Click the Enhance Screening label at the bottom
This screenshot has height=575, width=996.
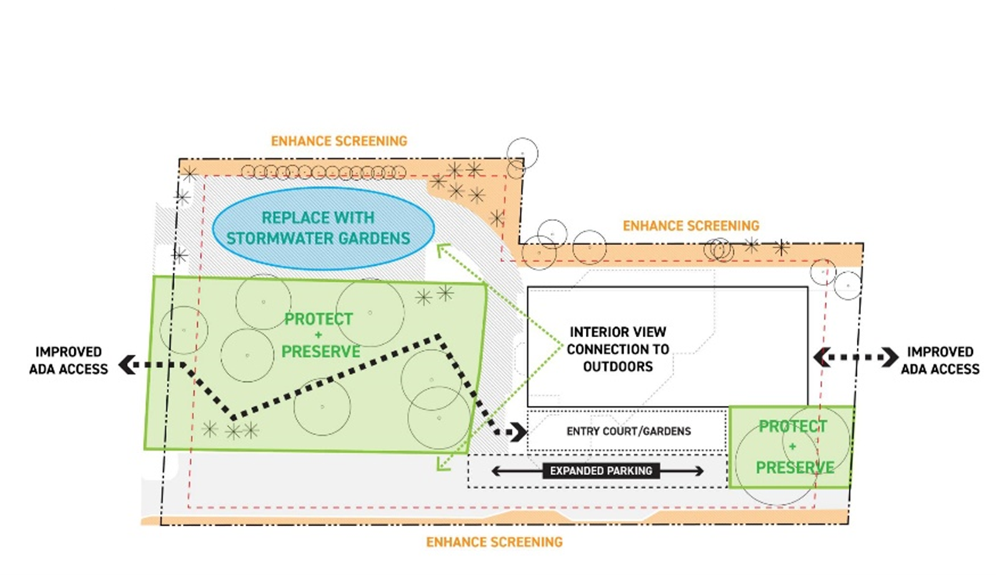494,542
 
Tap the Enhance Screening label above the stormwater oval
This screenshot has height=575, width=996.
339,141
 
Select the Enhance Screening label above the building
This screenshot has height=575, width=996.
691,225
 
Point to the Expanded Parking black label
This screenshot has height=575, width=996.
601,471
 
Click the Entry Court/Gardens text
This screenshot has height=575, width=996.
628,431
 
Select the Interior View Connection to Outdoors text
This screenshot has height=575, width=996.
618,349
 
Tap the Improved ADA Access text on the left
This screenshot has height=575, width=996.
69,361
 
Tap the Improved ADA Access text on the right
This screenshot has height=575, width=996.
940,361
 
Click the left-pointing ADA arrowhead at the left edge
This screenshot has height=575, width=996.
127,364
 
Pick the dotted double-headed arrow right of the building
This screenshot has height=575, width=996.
855,357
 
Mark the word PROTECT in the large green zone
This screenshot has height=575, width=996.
318,319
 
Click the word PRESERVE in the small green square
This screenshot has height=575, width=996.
795,467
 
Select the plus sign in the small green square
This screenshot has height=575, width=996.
792,446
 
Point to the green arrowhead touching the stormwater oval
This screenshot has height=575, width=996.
442,250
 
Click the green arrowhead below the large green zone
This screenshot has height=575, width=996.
442,464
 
